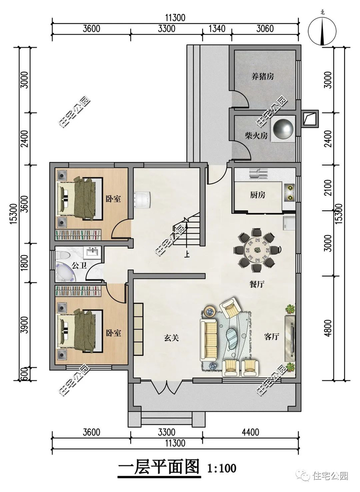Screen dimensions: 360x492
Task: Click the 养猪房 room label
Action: coord(262,76)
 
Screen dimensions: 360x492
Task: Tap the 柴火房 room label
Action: coord(256,136)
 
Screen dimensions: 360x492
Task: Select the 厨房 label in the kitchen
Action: coord(257,195)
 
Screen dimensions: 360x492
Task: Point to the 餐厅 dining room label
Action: coord(257,284)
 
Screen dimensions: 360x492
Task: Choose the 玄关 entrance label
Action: coord(171,338)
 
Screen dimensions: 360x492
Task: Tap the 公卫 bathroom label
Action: coord(79,265)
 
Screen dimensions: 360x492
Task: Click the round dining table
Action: coord(257,250)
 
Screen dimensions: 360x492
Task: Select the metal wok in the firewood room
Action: coord(283,129)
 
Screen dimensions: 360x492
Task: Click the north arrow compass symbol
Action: coord(322,30)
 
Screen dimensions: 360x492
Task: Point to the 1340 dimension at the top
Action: coord(217,29)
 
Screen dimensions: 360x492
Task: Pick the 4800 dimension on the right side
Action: coord(328,328)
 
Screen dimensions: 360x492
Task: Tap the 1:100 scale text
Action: coord(222,469)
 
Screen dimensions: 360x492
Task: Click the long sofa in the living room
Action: coord(209,340)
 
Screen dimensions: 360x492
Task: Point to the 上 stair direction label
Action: coord(187,254)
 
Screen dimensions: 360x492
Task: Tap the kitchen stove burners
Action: coord(289,193)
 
